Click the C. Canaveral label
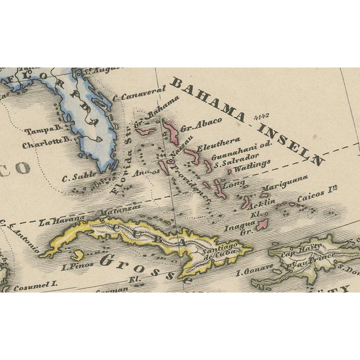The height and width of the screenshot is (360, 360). tap(139, 93)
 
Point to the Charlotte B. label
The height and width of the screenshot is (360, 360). tap(46, 144)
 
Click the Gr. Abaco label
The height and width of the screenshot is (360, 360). tap(201, 124)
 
